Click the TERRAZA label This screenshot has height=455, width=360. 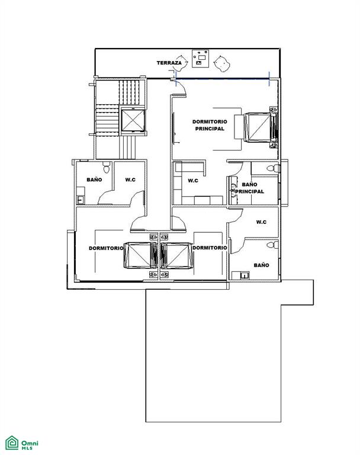point(169,63)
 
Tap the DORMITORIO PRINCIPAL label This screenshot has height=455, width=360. point(210,125)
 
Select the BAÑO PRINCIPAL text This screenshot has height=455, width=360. point(249,188)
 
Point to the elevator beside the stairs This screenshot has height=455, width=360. point(133,120)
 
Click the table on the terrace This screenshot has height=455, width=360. point(201,59)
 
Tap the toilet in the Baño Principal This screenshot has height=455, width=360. point(273,168)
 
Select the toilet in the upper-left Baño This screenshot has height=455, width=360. point(107,168)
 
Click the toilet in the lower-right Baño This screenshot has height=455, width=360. point(273,245)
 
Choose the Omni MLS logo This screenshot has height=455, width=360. point(22,443)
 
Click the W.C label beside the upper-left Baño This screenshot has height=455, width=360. point(130,180)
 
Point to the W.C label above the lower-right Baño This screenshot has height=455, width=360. point(261,222)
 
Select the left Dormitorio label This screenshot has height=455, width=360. point(106,248)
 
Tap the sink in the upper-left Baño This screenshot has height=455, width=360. point(81,199)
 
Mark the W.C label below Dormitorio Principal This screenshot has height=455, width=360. point(193,181)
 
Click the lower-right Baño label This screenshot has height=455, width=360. point(261,265)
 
